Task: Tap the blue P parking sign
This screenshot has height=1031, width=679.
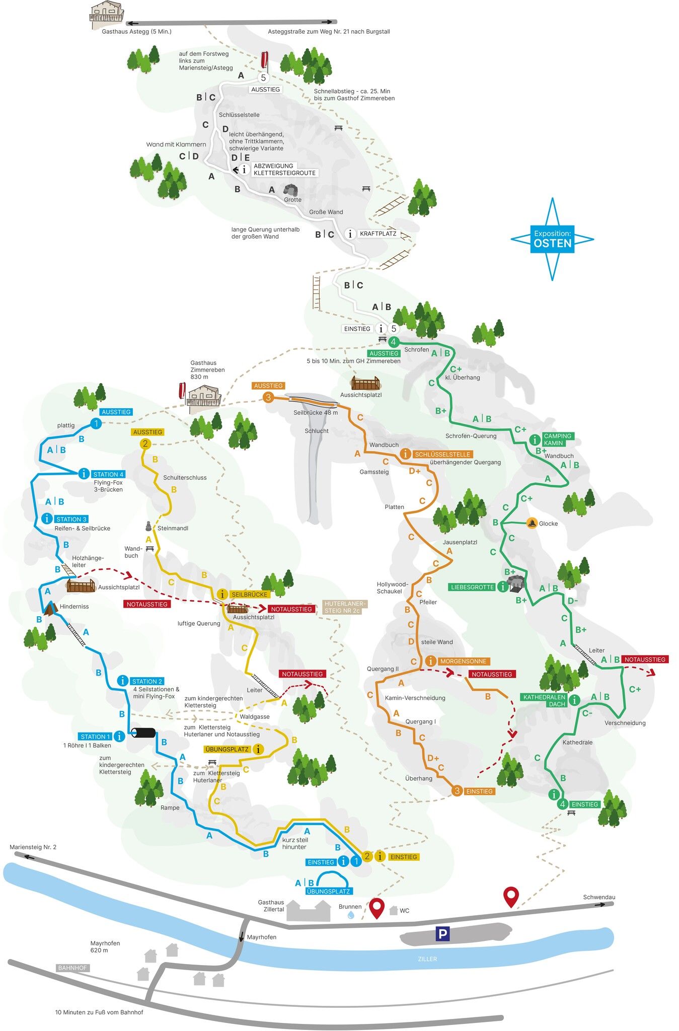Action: [x=442, y=934]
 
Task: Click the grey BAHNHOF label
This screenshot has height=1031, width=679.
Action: [x=72, y=968]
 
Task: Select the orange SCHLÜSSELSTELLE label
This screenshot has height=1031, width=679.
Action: [x=442, y=454]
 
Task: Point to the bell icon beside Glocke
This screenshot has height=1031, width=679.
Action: [x=532, y=523]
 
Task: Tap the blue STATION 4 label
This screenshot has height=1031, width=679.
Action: [x=108, y=474]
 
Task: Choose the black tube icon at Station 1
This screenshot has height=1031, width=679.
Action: [x=143, y=733]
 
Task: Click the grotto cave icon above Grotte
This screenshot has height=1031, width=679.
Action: [x=291, y=190]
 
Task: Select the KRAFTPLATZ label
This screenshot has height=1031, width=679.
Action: [x=378, y=234]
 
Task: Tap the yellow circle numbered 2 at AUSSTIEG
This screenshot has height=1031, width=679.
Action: [x=145, y=444]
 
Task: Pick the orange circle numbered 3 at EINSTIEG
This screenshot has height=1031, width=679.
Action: [x=457, y=791]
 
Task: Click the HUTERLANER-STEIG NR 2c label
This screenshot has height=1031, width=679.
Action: [x=345, y=607]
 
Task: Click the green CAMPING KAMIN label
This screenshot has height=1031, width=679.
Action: [x=557, y=439]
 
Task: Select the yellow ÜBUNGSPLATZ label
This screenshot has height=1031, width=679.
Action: [x=228, y=749]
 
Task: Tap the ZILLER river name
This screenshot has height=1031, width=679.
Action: [x=427, y=959]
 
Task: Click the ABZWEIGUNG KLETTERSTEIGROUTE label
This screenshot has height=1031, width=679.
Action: [x=284, y=169]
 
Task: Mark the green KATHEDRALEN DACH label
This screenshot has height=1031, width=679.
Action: [x=544, y=700]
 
